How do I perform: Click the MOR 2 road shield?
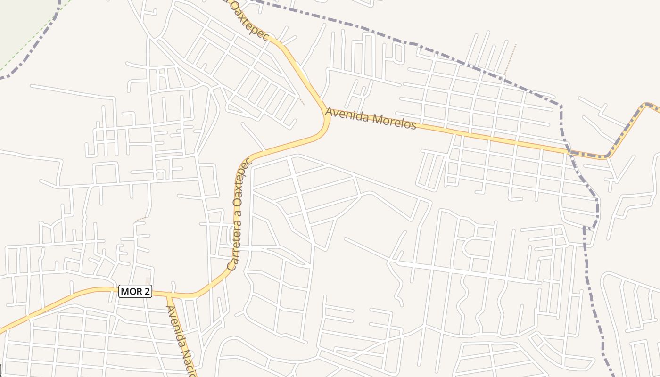coord(135,291)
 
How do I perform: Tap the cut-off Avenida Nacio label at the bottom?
coord(181,342)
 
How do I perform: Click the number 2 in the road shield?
coord(146,291)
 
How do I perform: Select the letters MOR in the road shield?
coord(130,291)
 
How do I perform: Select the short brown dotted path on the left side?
coord(140,219)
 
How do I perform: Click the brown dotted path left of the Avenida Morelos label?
coord(302,101)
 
